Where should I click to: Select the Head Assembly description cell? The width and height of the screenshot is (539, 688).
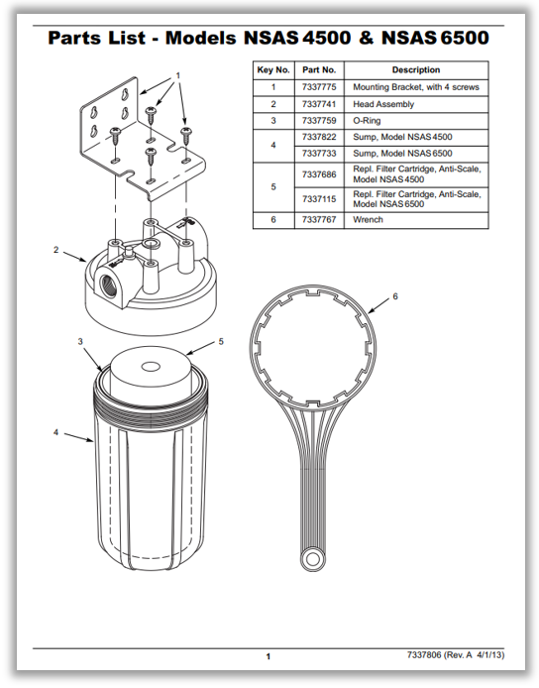(x=383, y=104)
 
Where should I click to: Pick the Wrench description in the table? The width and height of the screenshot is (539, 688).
(x=369, y=220)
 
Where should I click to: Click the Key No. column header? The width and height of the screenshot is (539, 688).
(x=272, y=70)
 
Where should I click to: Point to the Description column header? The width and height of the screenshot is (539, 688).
(x=416, y=70)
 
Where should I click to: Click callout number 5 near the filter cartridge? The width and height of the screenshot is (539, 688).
(x=221, y=341)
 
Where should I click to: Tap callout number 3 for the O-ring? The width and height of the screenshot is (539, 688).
(x=80, y=341)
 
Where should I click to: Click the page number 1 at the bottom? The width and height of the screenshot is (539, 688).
(x=269, y=656)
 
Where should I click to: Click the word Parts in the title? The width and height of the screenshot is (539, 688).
(x=81, y=39)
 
